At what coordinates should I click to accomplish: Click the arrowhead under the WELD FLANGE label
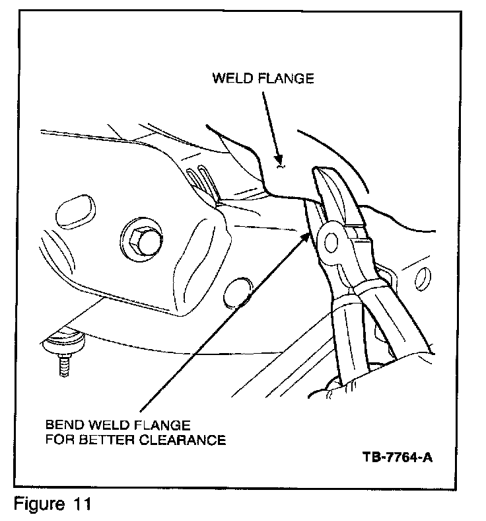[281, 159]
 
